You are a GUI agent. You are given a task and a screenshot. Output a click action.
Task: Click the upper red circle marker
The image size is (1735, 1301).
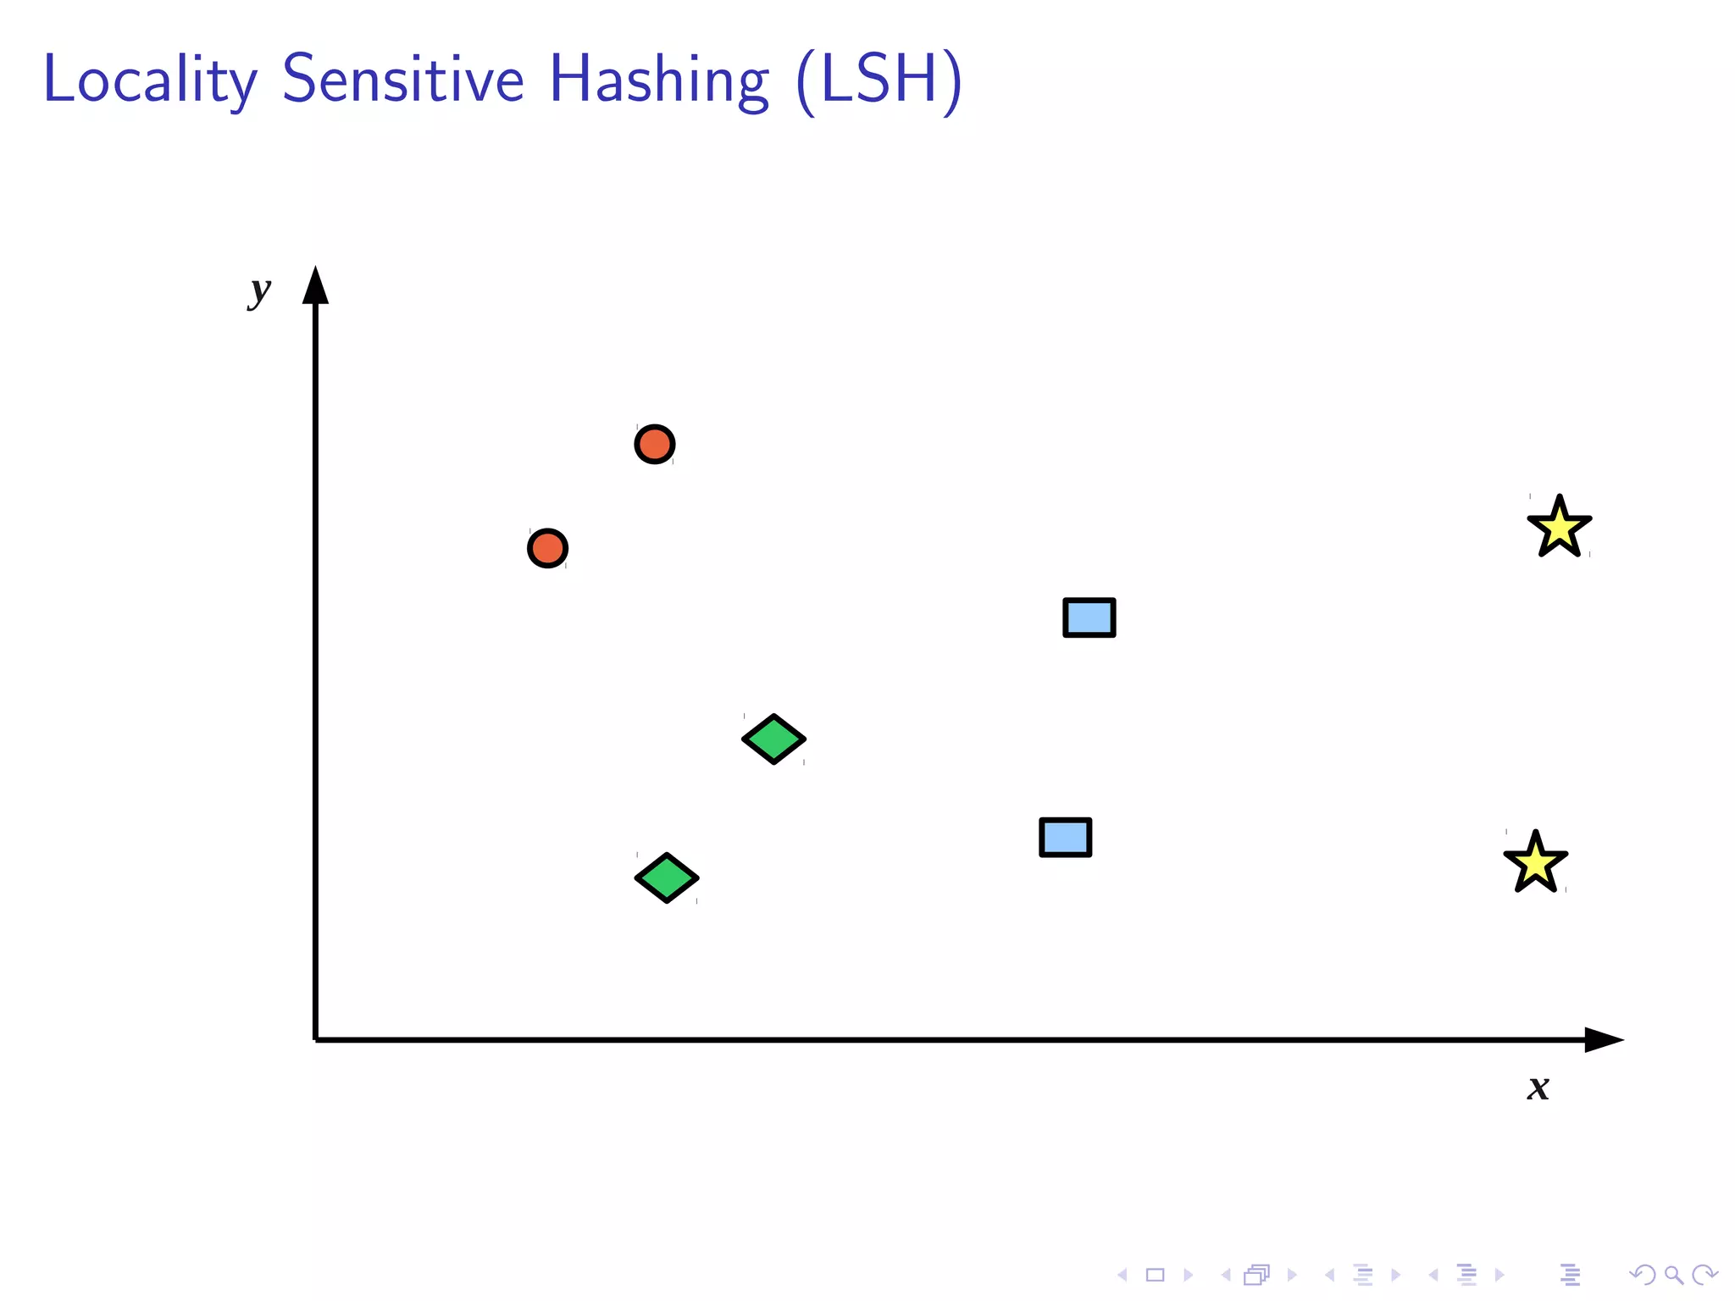coord(655,444)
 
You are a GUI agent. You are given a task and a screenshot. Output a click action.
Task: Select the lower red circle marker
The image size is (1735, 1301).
coord(547,549)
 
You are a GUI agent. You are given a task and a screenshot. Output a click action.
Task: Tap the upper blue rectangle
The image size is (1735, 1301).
coord(1089,617)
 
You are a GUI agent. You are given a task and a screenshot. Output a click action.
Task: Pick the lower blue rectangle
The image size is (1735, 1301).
coord(1066,838)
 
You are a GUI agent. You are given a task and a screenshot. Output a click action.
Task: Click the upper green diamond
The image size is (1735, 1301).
coord(774,739)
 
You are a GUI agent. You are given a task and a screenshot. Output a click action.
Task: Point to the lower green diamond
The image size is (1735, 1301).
coord(668,877)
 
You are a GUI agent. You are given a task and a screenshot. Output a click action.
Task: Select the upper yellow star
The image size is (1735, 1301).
coord(1560,529)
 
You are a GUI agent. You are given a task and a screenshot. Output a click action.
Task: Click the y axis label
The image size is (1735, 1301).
coord(259,291)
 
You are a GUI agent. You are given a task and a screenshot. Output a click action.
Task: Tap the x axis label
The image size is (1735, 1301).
coord(1538,1088)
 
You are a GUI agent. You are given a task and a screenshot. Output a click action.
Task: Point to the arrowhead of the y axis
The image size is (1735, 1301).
coord(316,286)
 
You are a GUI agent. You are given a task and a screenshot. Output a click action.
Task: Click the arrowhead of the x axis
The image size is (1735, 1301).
coord(1603,1039)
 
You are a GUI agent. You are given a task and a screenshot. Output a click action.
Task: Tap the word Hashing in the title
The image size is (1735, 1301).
coord(659,80)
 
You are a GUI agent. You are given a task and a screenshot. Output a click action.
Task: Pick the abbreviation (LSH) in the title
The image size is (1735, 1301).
coord(879,80)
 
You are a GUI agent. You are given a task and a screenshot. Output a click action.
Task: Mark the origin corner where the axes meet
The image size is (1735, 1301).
coord(316,1039)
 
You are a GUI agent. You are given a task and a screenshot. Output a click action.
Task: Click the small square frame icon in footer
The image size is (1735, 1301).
coord(1156,1275)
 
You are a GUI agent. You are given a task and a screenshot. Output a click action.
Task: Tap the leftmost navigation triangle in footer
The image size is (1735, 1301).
coord(1122,1275)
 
